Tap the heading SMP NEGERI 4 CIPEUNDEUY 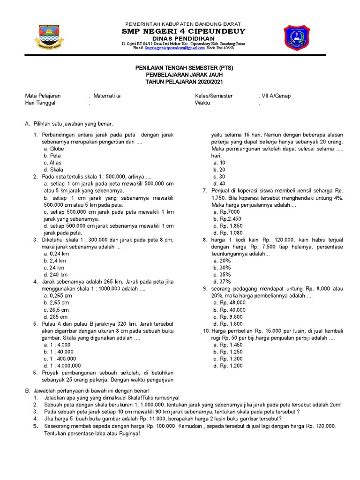click(184, 31)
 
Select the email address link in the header click(175, 48)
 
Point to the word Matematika click(107, 96)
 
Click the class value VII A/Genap click(276, 96)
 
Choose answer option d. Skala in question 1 click(52, 170)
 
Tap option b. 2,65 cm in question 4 click(56, 303)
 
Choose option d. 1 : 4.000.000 click(62, 366)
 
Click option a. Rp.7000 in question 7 click(226, 212)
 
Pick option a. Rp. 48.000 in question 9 click(229, 303)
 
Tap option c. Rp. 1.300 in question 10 click(228, 359)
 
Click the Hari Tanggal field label click(40, 103)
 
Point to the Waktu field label click(203, 103)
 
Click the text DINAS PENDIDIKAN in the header click(184, 38)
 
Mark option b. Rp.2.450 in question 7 click(227, 219)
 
